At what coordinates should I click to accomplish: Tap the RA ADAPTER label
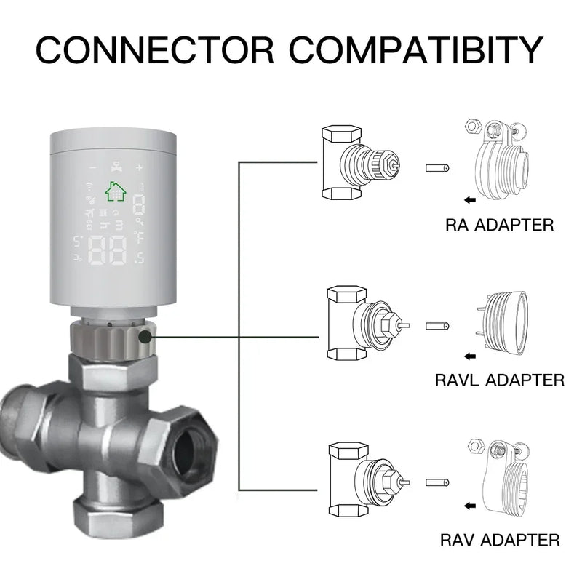pyautogui.click(x=499, y=224)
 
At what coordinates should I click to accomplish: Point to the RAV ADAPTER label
pyautogui.click(x=500, y=540)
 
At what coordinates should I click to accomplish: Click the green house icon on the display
pyautogui.click(x=115, y=191)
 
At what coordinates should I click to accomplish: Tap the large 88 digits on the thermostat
pyautogui.click(x=106, y=251)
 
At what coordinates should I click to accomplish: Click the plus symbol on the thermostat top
pyautogui.click(x=139, y=167)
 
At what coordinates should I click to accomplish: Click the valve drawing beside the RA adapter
pyautogui.click(x=358, y=164)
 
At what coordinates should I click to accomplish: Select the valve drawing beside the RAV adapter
pyautogui.click(x=362, y=480)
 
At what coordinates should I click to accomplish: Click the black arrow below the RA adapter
pyautogui.click(x=471, y=198)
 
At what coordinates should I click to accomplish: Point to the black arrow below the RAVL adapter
pyautogui.click(x=471, y=356)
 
